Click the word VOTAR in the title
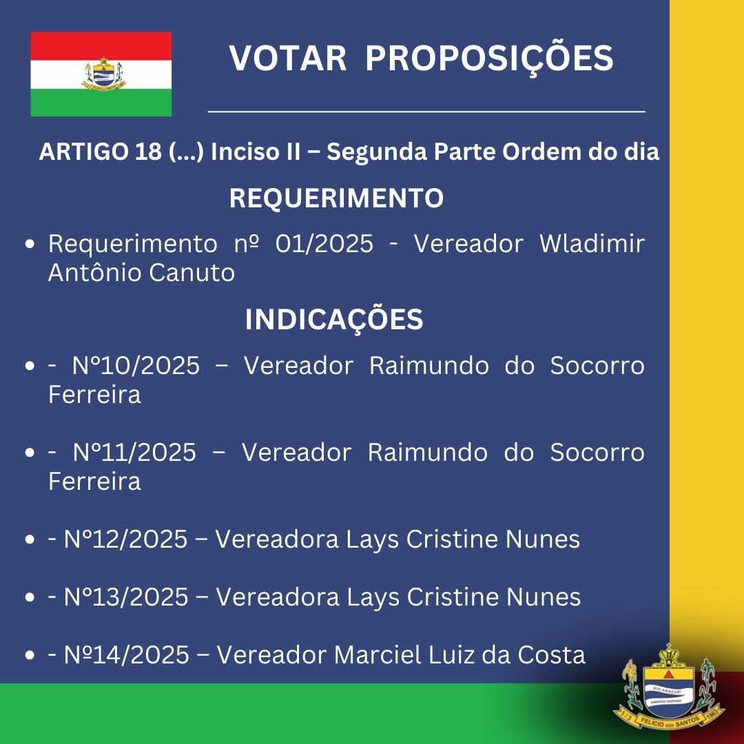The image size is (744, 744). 287,59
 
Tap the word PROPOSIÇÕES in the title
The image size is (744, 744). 489,59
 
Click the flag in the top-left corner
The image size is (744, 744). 101,74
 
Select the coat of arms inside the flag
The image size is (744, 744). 103,74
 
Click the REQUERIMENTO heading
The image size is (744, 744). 336,198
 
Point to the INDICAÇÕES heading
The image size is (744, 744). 334,320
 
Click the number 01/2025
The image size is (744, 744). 324,244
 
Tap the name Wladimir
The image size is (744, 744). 592,243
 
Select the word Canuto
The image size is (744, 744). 192,273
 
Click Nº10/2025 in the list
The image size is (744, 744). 136,366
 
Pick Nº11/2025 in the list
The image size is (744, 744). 134,452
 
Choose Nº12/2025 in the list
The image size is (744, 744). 126,539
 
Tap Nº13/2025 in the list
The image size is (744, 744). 126,597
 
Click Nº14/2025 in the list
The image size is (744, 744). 127,655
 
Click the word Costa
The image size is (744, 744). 551,655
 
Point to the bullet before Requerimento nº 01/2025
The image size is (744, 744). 30,245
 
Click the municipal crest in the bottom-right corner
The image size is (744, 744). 669,689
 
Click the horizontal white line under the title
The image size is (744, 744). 426,112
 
